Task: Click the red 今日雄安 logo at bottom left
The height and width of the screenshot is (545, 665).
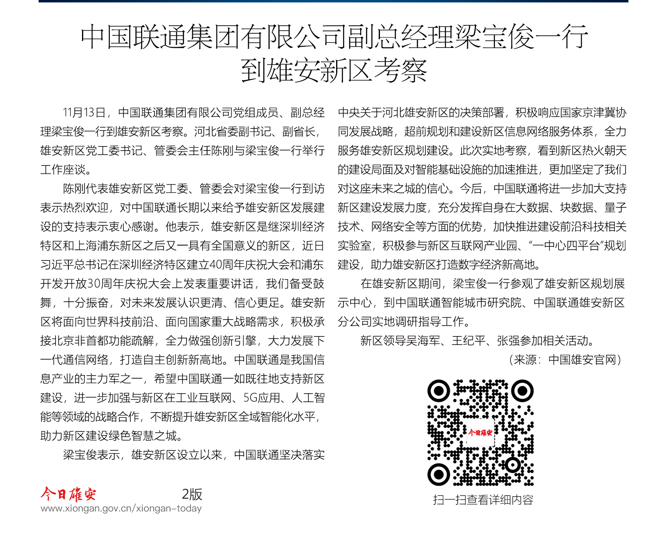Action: tap(68, 494)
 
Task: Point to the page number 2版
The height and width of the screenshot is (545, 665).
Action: tap(192, 494)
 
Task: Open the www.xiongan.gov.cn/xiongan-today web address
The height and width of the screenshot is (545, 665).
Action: tap(121, 508)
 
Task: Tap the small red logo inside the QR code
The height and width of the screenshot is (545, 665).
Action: tap(480, 433)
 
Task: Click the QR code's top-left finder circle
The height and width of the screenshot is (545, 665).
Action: tap(439, 390)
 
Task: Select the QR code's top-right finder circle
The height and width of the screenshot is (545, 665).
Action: tap(522, 390)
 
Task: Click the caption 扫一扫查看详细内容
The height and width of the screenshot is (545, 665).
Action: tap(483, 500)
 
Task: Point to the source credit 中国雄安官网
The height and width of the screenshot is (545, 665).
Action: tap(582, 360)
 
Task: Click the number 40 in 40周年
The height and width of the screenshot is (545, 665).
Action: tap(215, 265)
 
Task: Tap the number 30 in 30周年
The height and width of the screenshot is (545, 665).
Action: tap(94, 284)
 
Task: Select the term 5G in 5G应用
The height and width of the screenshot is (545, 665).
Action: tap(250, 398)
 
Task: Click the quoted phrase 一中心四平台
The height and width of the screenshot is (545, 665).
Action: tap(567, 246)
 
